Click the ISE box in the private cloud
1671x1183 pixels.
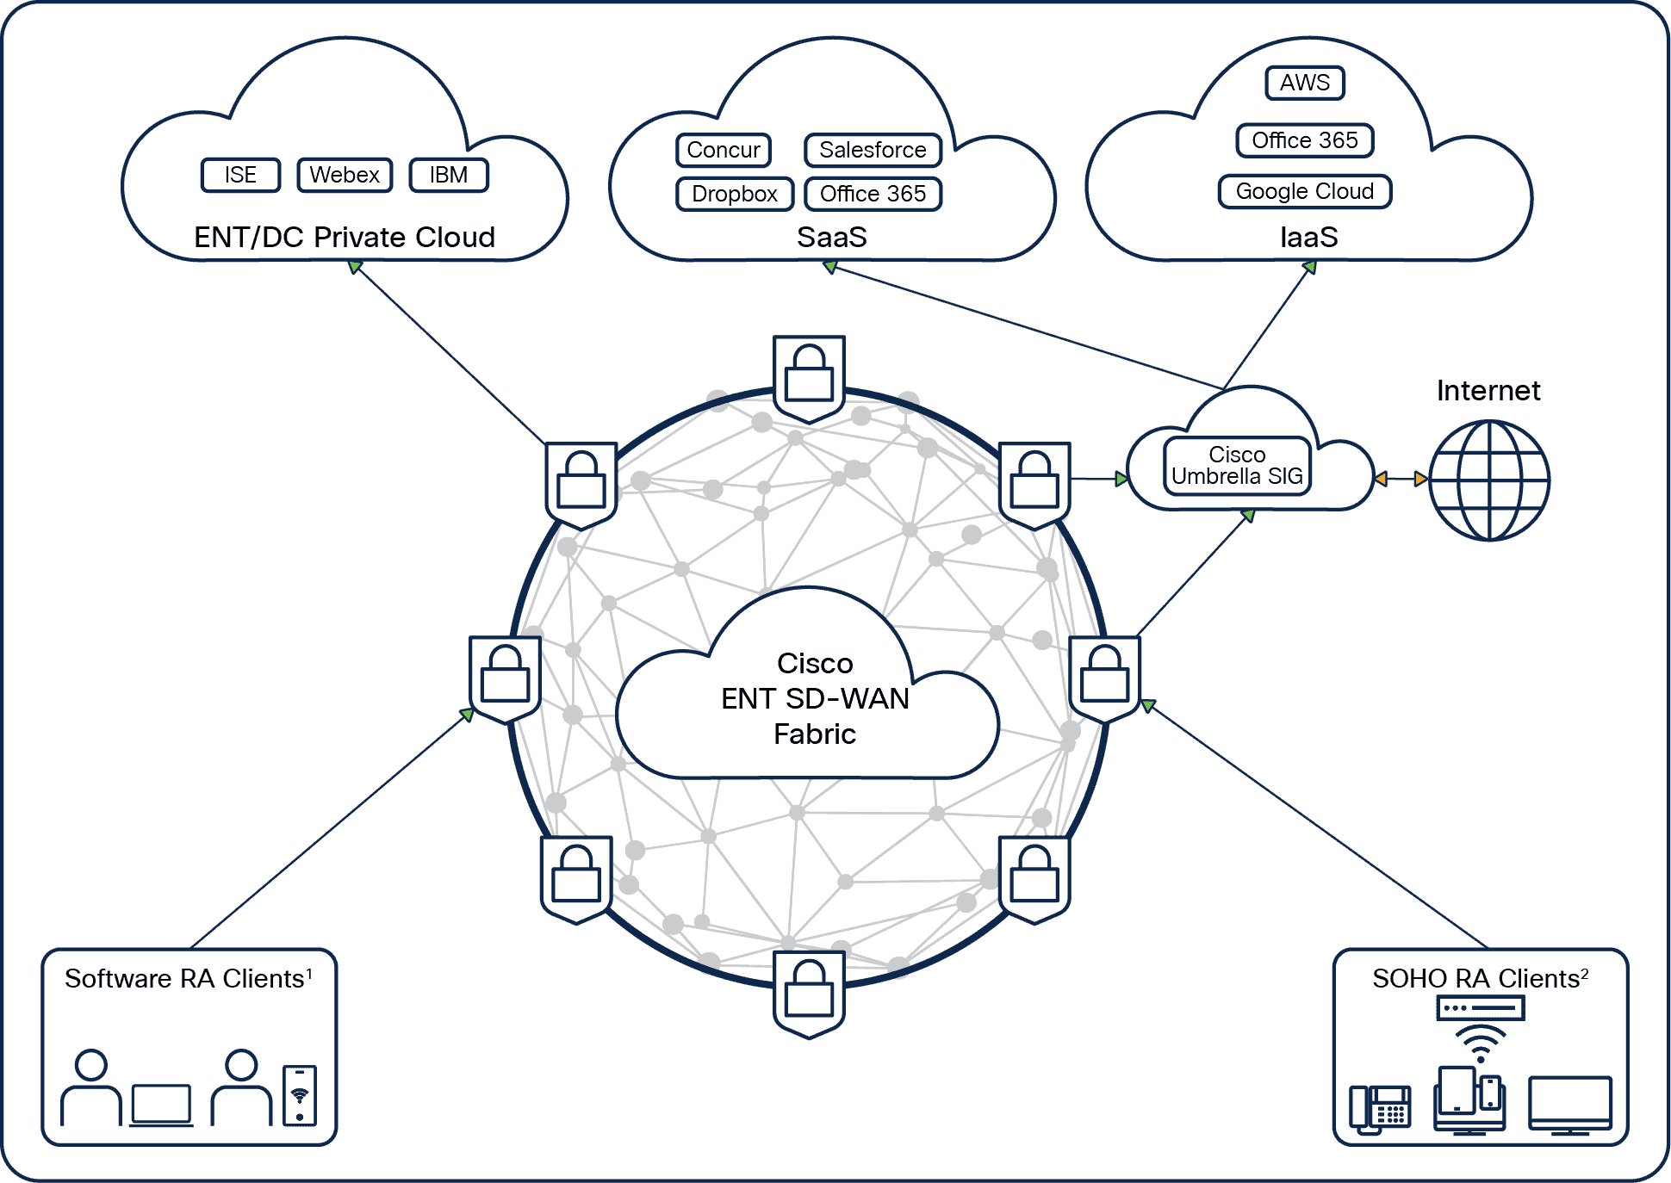pos(240,175)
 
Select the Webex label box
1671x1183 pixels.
pos(345,175)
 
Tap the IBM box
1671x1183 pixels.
pos(449,175)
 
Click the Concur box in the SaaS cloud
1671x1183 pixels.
pos(724,150)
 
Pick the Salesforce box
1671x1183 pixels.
pos(873,150)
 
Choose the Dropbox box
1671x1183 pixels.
pos(735,194)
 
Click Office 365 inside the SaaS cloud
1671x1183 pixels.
pos(873,194)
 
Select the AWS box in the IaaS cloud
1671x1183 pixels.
pos(1304,83)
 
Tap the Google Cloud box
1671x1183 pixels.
pos(1304,191)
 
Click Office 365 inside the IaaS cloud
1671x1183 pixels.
pos(1304,140)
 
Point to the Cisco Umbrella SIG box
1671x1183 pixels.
pos(1237,466)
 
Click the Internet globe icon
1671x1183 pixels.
pos(1488,480)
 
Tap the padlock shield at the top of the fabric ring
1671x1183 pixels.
pos(809,377)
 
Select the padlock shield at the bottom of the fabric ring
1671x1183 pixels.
pos(809,994)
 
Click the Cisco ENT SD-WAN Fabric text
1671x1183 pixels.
pos(815,698)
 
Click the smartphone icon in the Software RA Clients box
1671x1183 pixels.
pos(300,1095)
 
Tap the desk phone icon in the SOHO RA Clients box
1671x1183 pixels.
pos(1381,1108)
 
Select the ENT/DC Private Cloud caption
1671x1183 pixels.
pos(345,237)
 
